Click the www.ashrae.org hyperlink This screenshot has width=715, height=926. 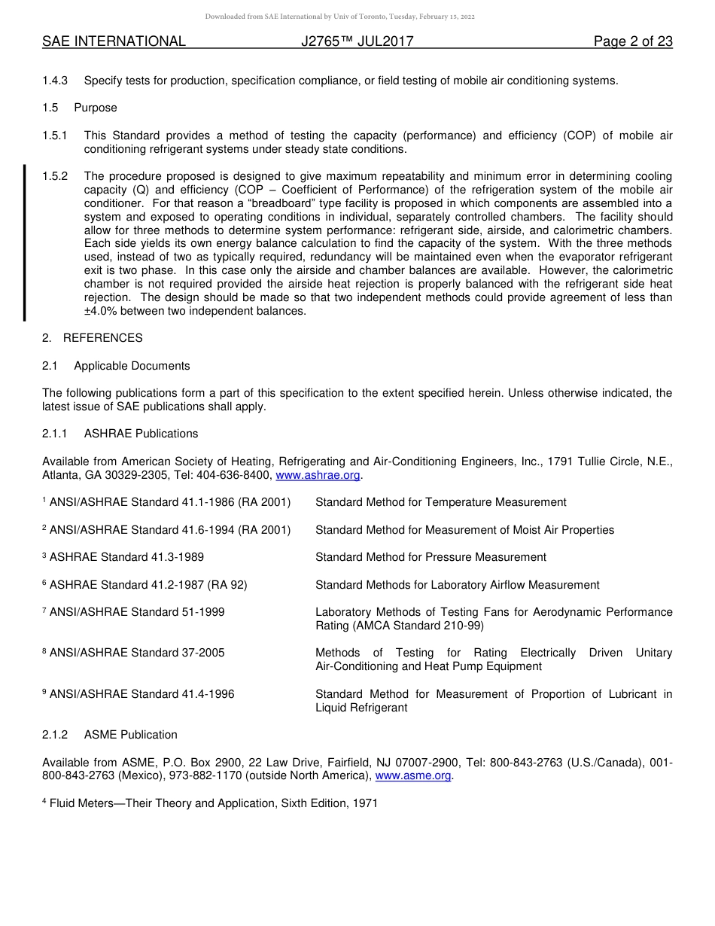click(x=318, y=475)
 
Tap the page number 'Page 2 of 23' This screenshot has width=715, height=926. click(x=632, y=41)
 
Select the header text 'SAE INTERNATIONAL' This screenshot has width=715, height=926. click(x=114, y=41)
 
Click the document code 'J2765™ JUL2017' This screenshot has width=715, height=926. click(x=357, y=41)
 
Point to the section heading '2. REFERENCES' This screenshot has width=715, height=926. click(x=93, y=338)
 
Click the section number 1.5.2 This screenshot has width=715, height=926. click(x=55, y=176)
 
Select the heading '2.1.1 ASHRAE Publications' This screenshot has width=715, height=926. click(x=120, y=434)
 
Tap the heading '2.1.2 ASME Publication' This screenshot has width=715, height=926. click(x=110, y=735)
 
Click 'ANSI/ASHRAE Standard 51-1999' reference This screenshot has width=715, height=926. click(x=136, y=612)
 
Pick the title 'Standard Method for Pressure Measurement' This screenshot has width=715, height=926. click(x=431, y=557)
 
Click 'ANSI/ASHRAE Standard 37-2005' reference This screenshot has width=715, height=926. click(x=136, y=653)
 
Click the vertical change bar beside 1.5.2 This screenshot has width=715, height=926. click(x=25, y=242)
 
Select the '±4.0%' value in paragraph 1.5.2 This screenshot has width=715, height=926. click(x=100, y=311)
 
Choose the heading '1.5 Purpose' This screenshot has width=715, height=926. click(x=80, y=108)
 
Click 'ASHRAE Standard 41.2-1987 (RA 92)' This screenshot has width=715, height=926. click(x=148, y=585)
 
